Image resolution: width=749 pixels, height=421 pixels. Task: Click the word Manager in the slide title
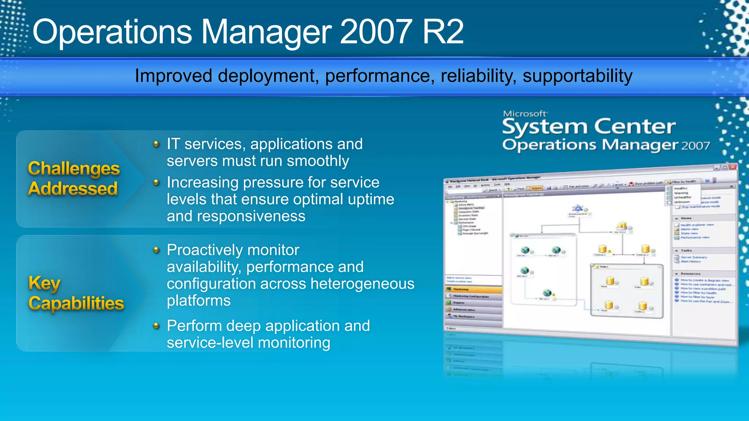coord(266,32)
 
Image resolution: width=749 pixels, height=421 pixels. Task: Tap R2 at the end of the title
coord(443,32)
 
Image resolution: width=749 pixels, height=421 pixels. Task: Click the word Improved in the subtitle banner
coord(173,76)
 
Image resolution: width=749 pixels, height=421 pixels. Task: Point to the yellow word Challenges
coord(74,169)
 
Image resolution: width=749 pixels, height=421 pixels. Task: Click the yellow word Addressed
coord(73,189)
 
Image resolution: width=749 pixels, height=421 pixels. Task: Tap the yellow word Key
coord(44,283)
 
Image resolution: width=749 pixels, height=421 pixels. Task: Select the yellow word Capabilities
coord(76,303)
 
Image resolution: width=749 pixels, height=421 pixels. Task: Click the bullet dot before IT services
coord(156,144)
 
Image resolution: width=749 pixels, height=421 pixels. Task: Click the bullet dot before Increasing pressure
coord(156,182)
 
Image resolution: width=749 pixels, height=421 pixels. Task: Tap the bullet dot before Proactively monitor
coord(156,250)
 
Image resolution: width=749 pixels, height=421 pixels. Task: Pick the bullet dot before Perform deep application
coord(156,326)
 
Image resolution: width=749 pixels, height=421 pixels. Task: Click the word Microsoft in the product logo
coord(524,114)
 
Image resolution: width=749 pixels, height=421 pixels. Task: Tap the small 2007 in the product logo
coord(695,146)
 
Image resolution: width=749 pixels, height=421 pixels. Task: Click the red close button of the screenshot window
coord(733,167)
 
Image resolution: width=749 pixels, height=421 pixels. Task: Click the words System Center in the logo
coord(588,127)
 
